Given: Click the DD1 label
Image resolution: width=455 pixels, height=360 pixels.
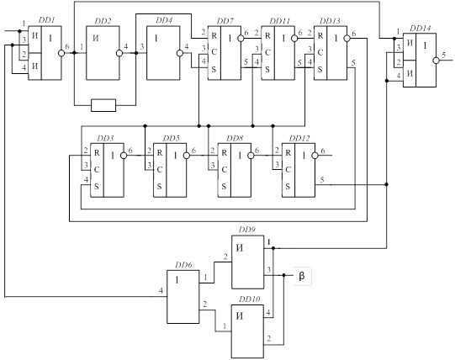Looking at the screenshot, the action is click(x=47, y=21).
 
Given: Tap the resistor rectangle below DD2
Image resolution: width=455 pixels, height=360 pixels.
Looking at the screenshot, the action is click(x=103, y=105).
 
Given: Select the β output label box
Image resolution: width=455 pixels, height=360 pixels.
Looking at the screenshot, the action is click(x=303, y=276).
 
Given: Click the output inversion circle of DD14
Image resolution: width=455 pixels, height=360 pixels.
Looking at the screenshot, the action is click(x=436, y=60).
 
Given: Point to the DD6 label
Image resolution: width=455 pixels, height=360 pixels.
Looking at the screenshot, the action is click(x=183, y=265).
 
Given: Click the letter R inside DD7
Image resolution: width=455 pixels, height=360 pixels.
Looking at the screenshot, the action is click(x=214, y=35).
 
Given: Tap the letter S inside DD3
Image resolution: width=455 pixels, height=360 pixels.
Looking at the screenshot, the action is click(x=97, y=187).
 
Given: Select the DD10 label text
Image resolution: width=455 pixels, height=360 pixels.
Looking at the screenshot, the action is click(x=249, y=299).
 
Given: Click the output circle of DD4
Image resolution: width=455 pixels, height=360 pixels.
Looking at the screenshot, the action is click(x=180, y=53).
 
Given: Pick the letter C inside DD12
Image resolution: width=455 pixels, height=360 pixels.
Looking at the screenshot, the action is click(x=288, y=170).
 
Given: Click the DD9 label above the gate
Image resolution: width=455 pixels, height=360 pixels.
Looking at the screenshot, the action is click(x=247, y=230).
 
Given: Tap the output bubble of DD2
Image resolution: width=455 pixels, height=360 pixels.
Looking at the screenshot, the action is click(x=119, y=53).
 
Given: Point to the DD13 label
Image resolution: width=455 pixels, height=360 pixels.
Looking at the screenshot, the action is click(x=330, y=21).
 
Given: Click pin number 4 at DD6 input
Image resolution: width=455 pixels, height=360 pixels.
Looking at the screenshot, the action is click(x=161, y=291).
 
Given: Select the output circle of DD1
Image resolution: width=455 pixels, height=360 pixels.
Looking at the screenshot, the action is click(x=61, y=53).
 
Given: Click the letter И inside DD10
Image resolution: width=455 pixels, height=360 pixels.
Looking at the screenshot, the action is click(x=240, y=316).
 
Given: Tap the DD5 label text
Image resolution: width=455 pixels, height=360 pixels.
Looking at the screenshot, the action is click(x=172, y=138).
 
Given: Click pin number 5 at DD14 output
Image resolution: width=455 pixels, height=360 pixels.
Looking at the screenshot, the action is click(x=444, y=55).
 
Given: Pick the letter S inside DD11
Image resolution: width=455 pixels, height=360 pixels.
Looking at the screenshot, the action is click(x=267, y=69).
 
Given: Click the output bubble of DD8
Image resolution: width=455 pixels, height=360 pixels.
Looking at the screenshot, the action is click(x=251, y=156).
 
